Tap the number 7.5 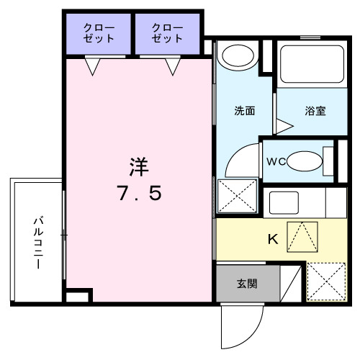pyautogui.click(x=139, y=194)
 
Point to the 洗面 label pyautogui.click(x=243, y=112)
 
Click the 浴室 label pyautogui.click(x=315, y=112)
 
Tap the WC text pyautogui.click(x=277, y=161)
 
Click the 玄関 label pyautogui.click(x=247, y=284)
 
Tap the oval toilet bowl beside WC pyautogui.click(x=305, y=160)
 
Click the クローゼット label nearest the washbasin pyautogui.click(x=168, y=32)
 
